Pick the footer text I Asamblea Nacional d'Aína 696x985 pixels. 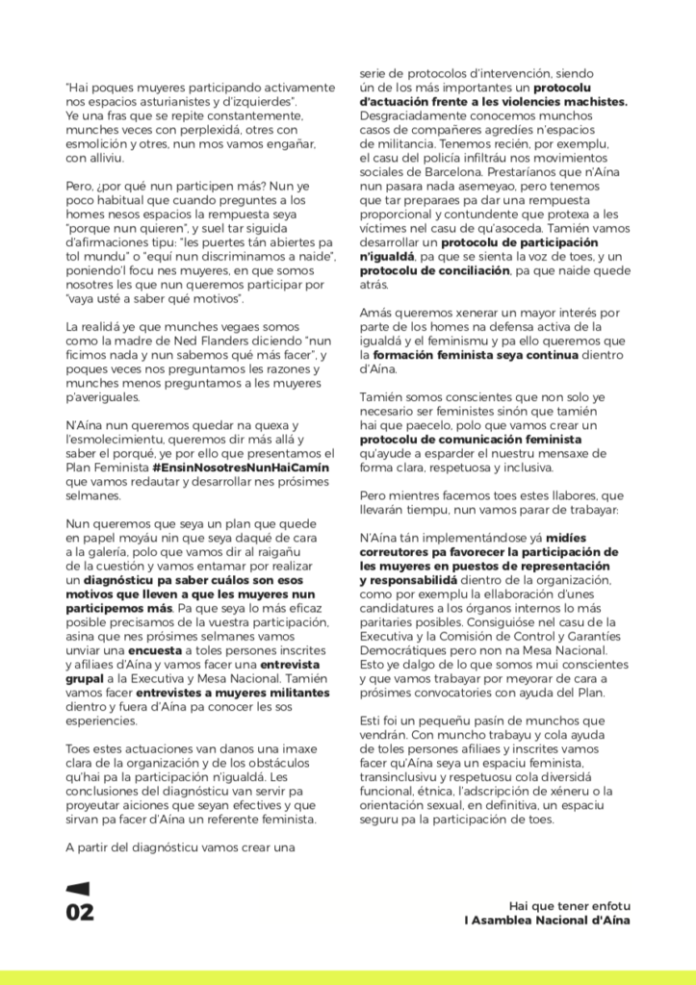click(x=547, y=921)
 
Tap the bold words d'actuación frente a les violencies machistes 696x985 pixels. click(x=493, y=101)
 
